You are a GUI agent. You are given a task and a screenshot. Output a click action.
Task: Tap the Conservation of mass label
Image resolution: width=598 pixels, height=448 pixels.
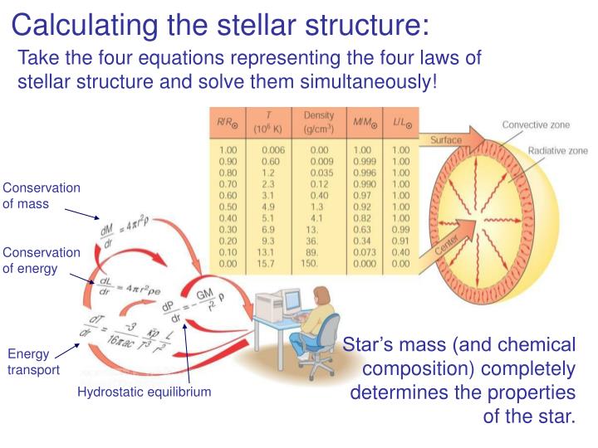[42, 196]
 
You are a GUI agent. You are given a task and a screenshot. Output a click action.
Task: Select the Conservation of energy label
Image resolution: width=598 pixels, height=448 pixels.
[42, 261]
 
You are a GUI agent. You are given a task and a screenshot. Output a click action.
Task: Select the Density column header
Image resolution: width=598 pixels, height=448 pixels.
[319, 123]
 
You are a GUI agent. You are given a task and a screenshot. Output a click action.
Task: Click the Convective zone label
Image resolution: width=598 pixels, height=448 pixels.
[536, 124]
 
